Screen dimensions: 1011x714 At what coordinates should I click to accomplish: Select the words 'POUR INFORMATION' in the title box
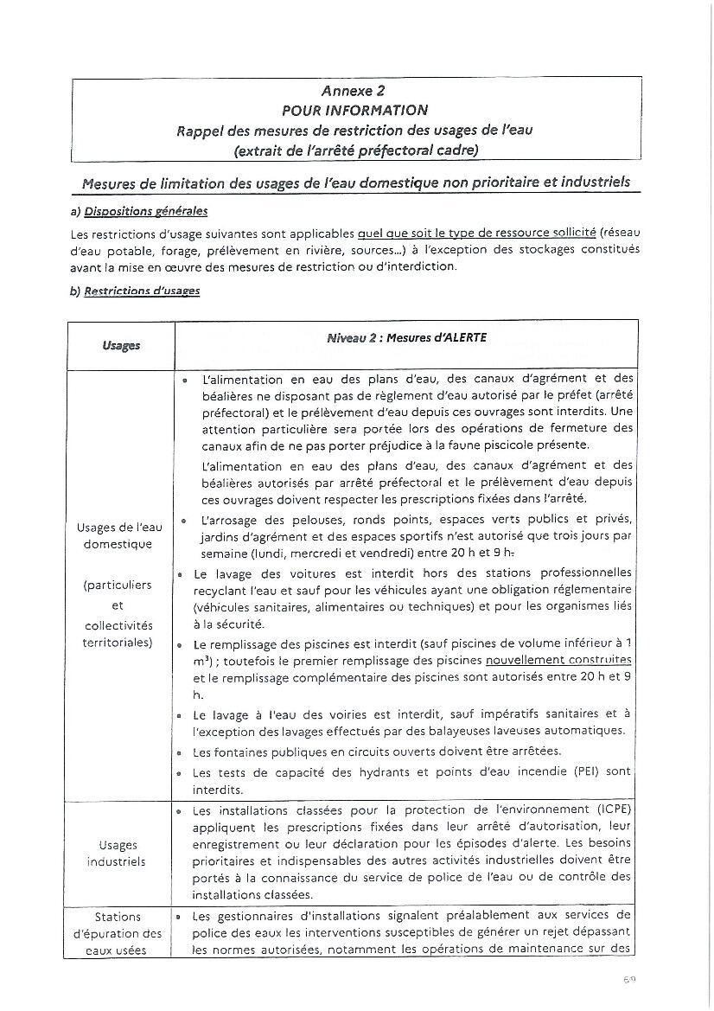[354, 110]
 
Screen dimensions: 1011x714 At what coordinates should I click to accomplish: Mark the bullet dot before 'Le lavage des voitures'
[178, 574]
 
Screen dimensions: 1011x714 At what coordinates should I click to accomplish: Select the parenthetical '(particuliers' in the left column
[118, 585]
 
